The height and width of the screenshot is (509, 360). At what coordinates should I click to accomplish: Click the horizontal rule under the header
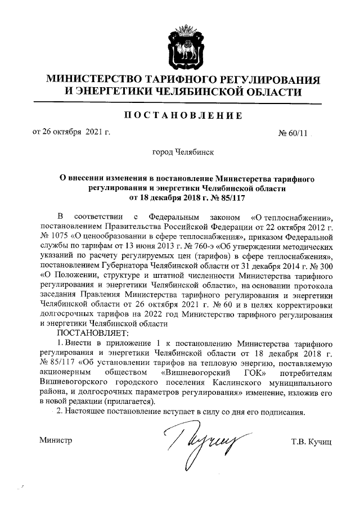click(x=179, y=103)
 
